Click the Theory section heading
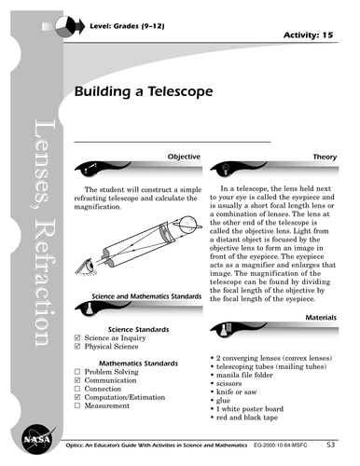(325, 158)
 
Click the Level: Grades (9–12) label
(134, 11)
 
